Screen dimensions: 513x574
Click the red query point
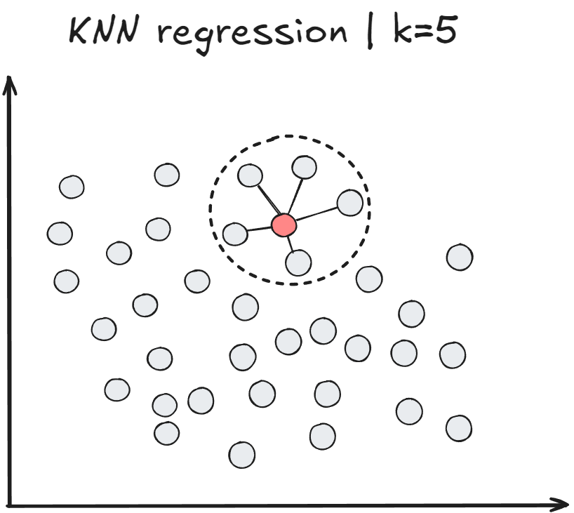[x=283, y=225]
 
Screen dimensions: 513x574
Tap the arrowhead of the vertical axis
[x=10, y=84]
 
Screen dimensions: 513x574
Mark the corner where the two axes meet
[x=10, y=503]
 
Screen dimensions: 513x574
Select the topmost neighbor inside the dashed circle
[x=304, y=167]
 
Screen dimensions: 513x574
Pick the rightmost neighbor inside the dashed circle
[x=349, y=202]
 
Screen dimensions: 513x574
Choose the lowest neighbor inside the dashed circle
[x=298, y=262]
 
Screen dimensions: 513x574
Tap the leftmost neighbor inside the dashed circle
[x=235, y=234]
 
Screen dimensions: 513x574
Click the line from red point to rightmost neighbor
[x=317, y=213]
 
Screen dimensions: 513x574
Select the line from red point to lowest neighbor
[x=291, y=243]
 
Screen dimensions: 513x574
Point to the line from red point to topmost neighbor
[x=294, y=196]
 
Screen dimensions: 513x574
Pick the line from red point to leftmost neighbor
[x=259, y=229]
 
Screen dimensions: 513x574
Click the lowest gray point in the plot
[x=242, y=455]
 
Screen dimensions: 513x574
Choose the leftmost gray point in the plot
[x=60, y=232]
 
